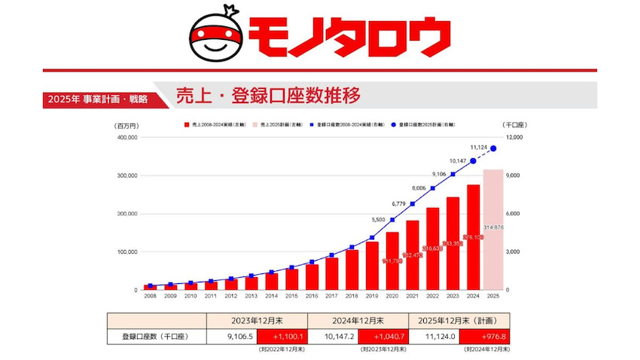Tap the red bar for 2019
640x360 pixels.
(372, 265)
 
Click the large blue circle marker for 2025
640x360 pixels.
(493, 148)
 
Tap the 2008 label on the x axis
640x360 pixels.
(150, 297)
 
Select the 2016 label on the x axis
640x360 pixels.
(311, 297)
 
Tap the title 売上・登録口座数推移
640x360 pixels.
(268, 96)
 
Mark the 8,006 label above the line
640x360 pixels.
(419, 188)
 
